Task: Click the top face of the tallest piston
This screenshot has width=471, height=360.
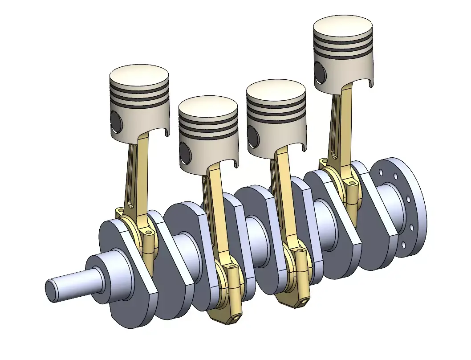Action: click(x=342, y=27)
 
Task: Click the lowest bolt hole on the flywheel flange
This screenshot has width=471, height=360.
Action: click(x=403, y=245)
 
